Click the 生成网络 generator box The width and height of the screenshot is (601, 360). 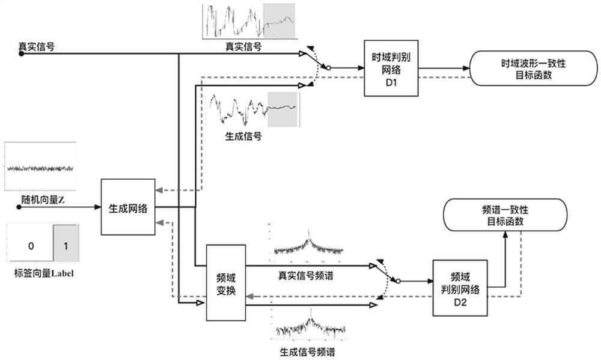(x=128, y=207)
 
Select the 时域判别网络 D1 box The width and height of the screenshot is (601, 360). (x=391, y=68)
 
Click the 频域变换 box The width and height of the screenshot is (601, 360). (x=226, y=282)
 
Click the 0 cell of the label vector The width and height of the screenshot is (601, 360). (x=29, y=246)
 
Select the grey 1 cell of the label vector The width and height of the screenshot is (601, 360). (x=65, y=246)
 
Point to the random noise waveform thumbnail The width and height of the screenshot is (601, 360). (x=40, y=166)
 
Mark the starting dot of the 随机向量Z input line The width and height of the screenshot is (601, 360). (x=20, y=207)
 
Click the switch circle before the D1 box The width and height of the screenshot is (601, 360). (x=328, y=69)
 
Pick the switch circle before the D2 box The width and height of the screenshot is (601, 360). (x=397, y=281)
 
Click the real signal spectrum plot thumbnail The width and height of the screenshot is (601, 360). (x=308, y=245)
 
